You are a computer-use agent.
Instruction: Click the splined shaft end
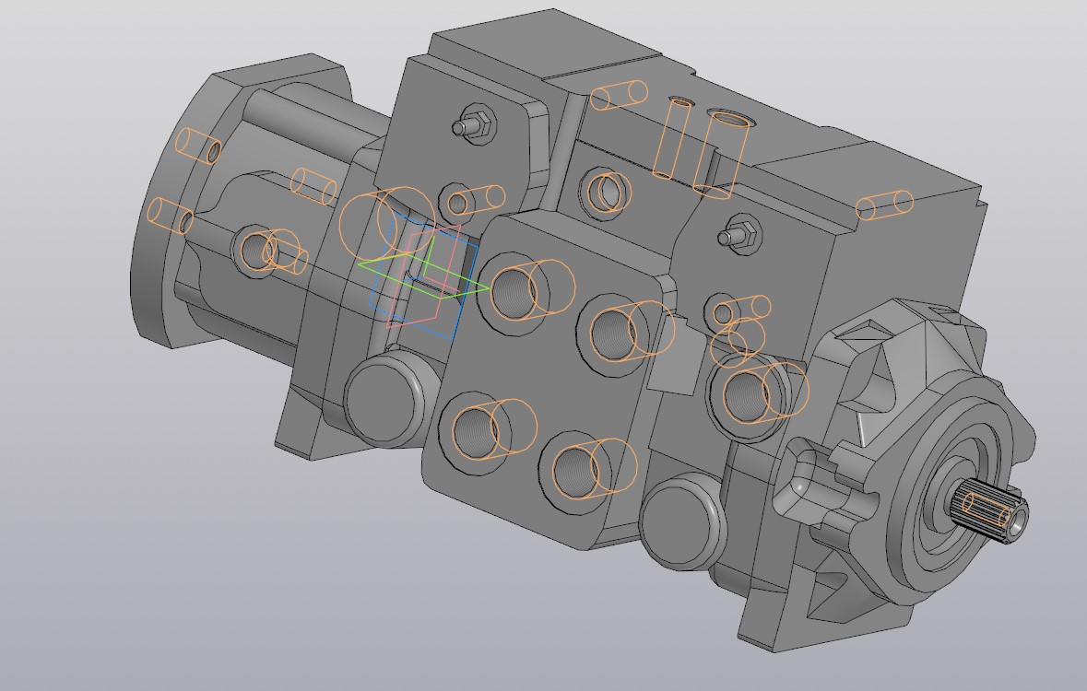coord(994,512)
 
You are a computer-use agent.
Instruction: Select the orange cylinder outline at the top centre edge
coord(619,95)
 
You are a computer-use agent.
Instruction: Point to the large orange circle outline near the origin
coord(373,226)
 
